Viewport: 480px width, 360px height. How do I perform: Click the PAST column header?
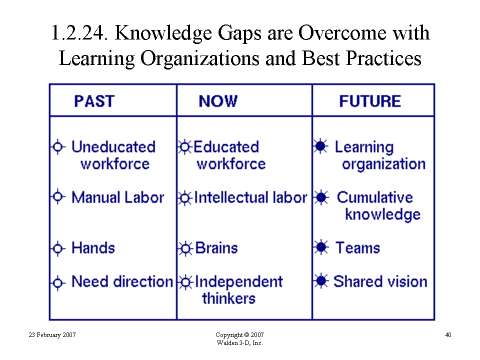pyautogui.click(x=94, y=101)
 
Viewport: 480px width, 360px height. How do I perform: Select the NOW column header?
pyautogui.click(x=218, y=101)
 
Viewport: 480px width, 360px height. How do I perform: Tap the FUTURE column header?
pyautogui.click(x=370, y=101)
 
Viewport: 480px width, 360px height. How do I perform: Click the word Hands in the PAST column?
pyautogui.click(x=93, y=247)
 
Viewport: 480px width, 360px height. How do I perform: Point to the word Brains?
pyautogui.click(x=216, y=247)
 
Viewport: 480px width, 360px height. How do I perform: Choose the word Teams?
pyautogui.click(x=357, y=247)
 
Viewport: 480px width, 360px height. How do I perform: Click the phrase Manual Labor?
pyautogui.click(x=118, y=197)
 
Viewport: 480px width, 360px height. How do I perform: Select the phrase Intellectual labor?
pyautogui.click(x=250, y=197)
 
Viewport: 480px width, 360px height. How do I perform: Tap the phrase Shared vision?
pyautogui.click(x=380, y=281)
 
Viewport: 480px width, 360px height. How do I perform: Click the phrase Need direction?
pyautogui.click(x=122, y=281)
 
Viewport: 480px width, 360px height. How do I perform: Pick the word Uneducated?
pyautogui.click(x=113, y=146)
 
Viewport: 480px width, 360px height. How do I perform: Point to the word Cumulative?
pyautogui.click(x=374, y=197)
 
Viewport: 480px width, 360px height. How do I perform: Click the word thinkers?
pyautogui.click(x=228, y=298)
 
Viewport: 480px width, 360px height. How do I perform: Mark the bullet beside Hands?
pyautogui.click(x=57, y=248)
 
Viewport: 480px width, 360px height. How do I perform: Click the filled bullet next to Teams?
pyautogui.click(x=321, y=247)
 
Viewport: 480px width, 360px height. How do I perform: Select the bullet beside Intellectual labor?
pyautogui.click(x=185, y=198)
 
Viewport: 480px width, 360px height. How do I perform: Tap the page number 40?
pyautogui.click(x=448, y=335)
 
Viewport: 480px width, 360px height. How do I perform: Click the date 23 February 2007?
pyautogui.click(x=52, y=335)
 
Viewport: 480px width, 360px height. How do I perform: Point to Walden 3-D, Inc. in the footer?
pyautogui.click(x=239, y=343)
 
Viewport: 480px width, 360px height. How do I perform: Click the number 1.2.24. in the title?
pyautogui.click(x=79, y=32)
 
